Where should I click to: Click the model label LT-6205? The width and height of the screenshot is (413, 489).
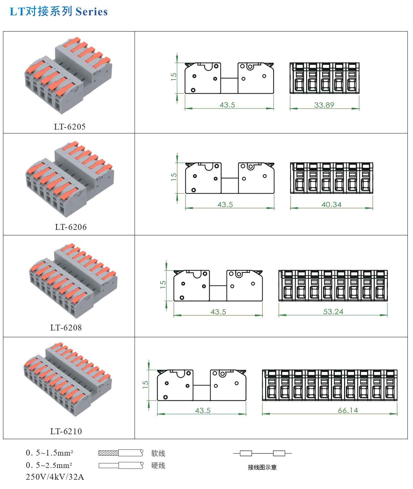tap(70, 127)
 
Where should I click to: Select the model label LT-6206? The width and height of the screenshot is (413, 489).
tap(71, 227)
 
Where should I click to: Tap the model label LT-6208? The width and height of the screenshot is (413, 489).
tap(66, 327)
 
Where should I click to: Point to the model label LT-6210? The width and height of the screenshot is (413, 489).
tap(66, 431)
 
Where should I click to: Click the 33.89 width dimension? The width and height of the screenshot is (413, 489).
tap(324, 105)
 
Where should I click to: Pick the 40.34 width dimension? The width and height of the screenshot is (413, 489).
tap(332, 204)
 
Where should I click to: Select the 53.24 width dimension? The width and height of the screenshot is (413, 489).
tap(333, 312)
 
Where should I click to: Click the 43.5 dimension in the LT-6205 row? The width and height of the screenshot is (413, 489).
tap(227, 105)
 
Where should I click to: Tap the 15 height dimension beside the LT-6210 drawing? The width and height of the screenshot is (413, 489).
tap(145, 384)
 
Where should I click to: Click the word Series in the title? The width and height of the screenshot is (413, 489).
tap(92, 12)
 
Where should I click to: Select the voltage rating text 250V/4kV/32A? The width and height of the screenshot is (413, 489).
tap(55, 477)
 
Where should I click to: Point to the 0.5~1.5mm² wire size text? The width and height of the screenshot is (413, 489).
tap(49, 453)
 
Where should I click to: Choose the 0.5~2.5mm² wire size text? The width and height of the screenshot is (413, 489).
tap(49, 465)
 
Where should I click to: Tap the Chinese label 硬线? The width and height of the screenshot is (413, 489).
tap(158, 465)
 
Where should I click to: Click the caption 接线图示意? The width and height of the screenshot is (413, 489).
tap(262, 467)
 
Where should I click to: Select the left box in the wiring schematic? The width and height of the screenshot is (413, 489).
tap(246, 453)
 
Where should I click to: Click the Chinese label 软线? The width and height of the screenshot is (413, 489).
tap(158, 453)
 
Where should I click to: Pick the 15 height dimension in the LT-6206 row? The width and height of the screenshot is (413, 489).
tap(174, 176)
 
